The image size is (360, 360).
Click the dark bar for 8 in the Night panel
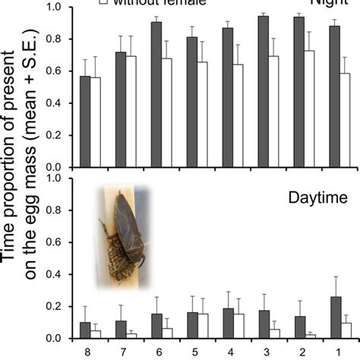(85, 122)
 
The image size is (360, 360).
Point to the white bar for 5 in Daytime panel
(202, 326)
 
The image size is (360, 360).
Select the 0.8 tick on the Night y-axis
(56, 39)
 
